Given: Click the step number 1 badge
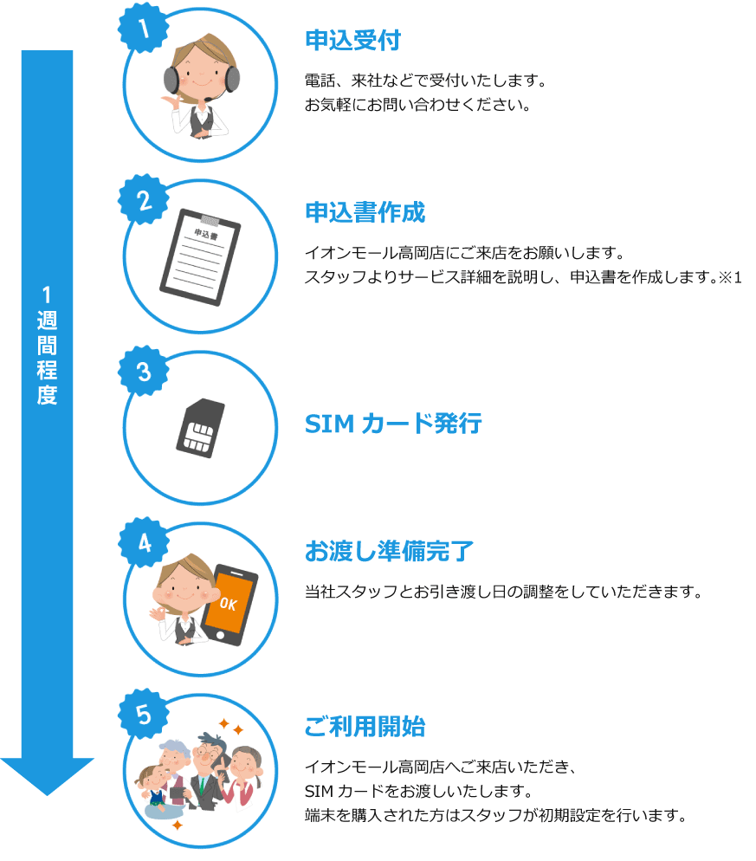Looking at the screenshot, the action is [143, 28].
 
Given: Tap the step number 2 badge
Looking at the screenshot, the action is [143, 200].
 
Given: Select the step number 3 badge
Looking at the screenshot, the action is [143, 372].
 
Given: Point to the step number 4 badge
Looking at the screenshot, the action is [143, 542].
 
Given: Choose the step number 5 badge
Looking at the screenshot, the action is [143, 715].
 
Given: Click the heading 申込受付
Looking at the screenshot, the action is [353, 41].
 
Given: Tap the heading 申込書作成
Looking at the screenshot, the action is [365, 212].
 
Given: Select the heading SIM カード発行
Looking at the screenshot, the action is [393, 424].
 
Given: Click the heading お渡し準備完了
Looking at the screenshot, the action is [389, 551].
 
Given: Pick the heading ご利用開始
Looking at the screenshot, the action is [365, 726].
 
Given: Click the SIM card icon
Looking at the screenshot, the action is [200, 428].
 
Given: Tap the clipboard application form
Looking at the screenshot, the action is [200, 257].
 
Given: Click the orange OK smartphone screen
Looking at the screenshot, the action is [229, 602].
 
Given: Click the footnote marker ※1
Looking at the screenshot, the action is [731, 277].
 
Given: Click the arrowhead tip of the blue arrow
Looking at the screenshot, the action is [48, 795].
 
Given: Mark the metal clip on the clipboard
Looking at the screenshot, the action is [210, 220].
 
